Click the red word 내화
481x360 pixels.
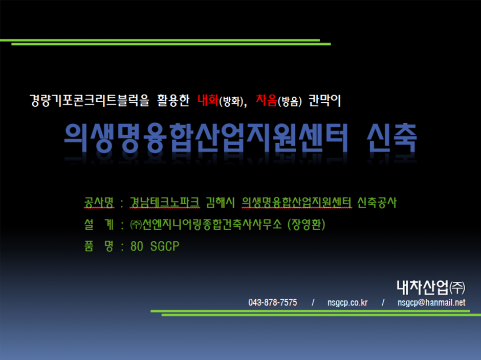(x=208, y=100)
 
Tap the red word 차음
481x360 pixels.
(x=266, y=100)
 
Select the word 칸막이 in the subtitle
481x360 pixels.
(x=324, y=101)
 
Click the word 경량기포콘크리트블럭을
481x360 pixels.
(x=89, y=101)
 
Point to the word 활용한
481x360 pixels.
(x=173, y=101)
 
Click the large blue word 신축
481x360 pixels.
(x=392, y=138)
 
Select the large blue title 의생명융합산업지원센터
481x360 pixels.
(x=206, y=138)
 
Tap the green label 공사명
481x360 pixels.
(x=99, y=202)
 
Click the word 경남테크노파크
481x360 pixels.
(x=164, y=202)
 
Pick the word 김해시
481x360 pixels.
(x=220, y=202)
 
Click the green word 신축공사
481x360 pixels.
(x=377, y=202)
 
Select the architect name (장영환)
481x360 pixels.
(x=306, y=224)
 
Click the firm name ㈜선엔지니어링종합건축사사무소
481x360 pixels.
(x=206, y=224)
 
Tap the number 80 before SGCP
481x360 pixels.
(x=137, y=246)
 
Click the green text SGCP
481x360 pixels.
(x=165, y=246)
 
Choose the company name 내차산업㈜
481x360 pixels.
(x=431, y=287)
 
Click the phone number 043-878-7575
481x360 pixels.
(x=273, y=303)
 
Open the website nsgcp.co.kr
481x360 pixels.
(x=347, y=303)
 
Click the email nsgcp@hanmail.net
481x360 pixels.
(x=431, y=303)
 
